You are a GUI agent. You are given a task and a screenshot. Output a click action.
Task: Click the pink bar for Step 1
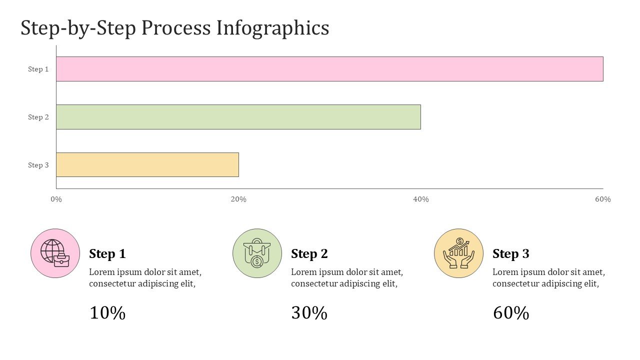point(329,69)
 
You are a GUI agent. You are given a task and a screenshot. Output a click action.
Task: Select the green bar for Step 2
point(238,117)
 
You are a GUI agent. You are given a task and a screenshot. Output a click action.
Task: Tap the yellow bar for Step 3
point(147,164)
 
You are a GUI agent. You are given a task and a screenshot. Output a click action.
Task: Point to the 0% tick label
point(56,199)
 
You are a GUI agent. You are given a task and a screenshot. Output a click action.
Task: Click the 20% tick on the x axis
point(238,199)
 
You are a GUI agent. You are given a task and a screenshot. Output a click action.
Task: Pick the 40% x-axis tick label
point(421,199)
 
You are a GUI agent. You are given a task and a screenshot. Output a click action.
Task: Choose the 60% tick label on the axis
point(603,199)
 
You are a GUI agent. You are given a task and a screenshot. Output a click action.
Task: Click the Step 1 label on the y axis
point(38,69)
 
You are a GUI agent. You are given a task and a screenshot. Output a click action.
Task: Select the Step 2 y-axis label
point(38,117)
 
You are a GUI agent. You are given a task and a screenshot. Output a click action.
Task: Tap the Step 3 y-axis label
point(38,165)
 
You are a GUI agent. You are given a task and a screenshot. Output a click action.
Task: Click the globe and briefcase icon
point(55,253)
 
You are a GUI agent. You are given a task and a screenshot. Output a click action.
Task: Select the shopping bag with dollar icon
point(257,253)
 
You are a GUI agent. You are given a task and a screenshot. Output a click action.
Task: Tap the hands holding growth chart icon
point(458,253)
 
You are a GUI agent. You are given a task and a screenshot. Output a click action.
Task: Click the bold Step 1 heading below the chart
point(107,254)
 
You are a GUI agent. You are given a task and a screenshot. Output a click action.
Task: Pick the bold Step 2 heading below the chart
point(309,254)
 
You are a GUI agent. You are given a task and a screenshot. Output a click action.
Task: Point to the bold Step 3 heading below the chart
point(511,254)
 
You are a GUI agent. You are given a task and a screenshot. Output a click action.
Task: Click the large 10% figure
point(107,313)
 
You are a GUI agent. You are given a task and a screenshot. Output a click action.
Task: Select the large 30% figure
point(309,313)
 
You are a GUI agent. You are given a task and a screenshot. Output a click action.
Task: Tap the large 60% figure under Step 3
point(511,313)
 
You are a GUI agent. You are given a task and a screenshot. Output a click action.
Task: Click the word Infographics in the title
point(273,28)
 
